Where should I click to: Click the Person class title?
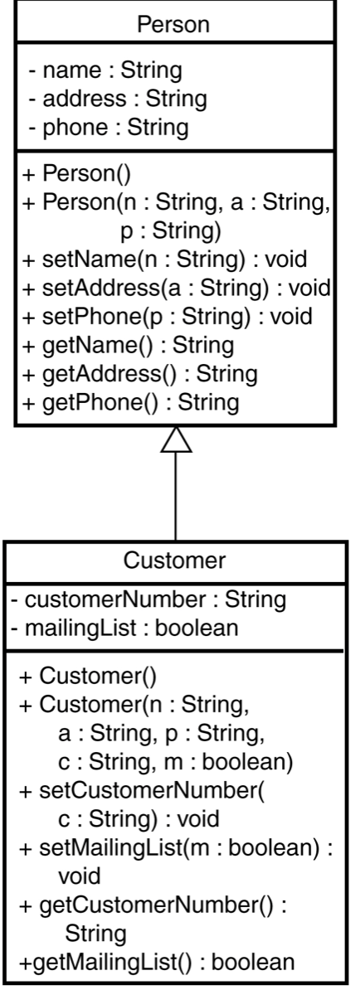173,25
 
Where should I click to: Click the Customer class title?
174,560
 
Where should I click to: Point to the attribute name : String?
105,70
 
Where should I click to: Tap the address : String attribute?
118,99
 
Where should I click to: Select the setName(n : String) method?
164,259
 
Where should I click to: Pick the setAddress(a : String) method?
176,288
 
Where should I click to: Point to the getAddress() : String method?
139,374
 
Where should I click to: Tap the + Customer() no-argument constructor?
87,676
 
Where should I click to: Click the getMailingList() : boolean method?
157,962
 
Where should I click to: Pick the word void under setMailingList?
79,876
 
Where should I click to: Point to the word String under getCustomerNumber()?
95,933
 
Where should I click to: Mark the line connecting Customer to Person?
176,497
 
